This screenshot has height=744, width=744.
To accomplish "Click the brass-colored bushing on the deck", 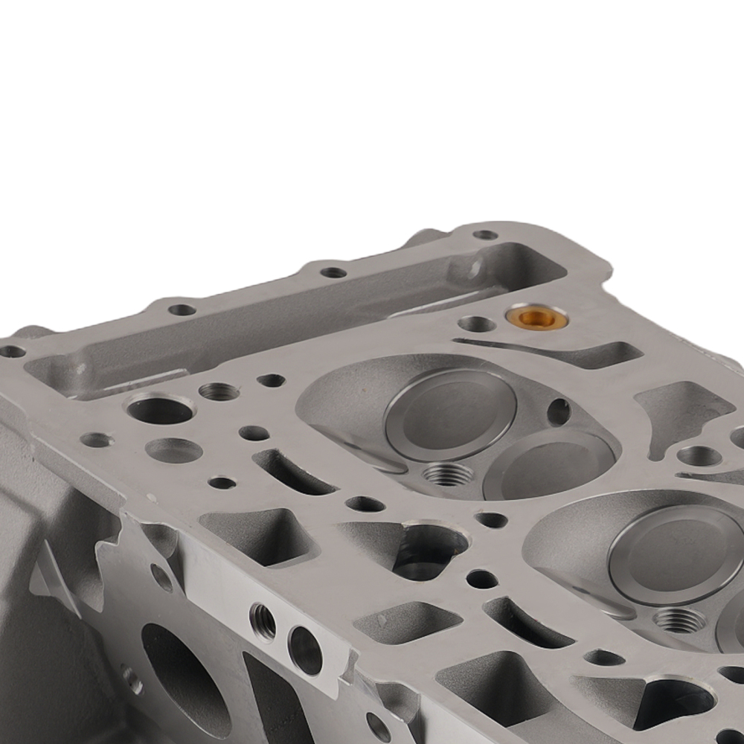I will (x=537, y=318).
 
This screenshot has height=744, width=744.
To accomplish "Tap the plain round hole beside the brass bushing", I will (x=476, y=324).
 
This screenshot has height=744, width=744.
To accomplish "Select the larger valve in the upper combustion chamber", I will (x=450, y=414).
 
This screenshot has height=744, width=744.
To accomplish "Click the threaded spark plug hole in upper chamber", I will (x=447, y=473).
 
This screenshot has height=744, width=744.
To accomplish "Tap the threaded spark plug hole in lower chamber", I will (x=678, y=619).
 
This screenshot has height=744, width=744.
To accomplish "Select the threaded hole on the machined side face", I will (x=262, y=621).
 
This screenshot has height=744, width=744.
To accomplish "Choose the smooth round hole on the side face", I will (x=305, y=650).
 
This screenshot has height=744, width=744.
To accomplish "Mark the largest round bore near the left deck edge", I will (x=159, y=408).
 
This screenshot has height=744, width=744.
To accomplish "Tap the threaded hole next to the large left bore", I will (x=219, y=391).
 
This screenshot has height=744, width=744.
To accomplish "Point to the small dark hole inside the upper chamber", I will (x=559, y=411).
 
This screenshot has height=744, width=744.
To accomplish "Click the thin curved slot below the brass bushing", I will (x=551, y=351).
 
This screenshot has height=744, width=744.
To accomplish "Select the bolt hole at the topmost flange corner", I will (x=485, y=235).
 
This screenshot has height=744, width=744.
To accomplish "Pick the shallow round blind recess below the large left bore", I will (x=173, y=450).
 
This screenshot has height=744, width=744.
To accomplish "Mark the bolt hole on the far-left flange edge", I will (x=11, y=351).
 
